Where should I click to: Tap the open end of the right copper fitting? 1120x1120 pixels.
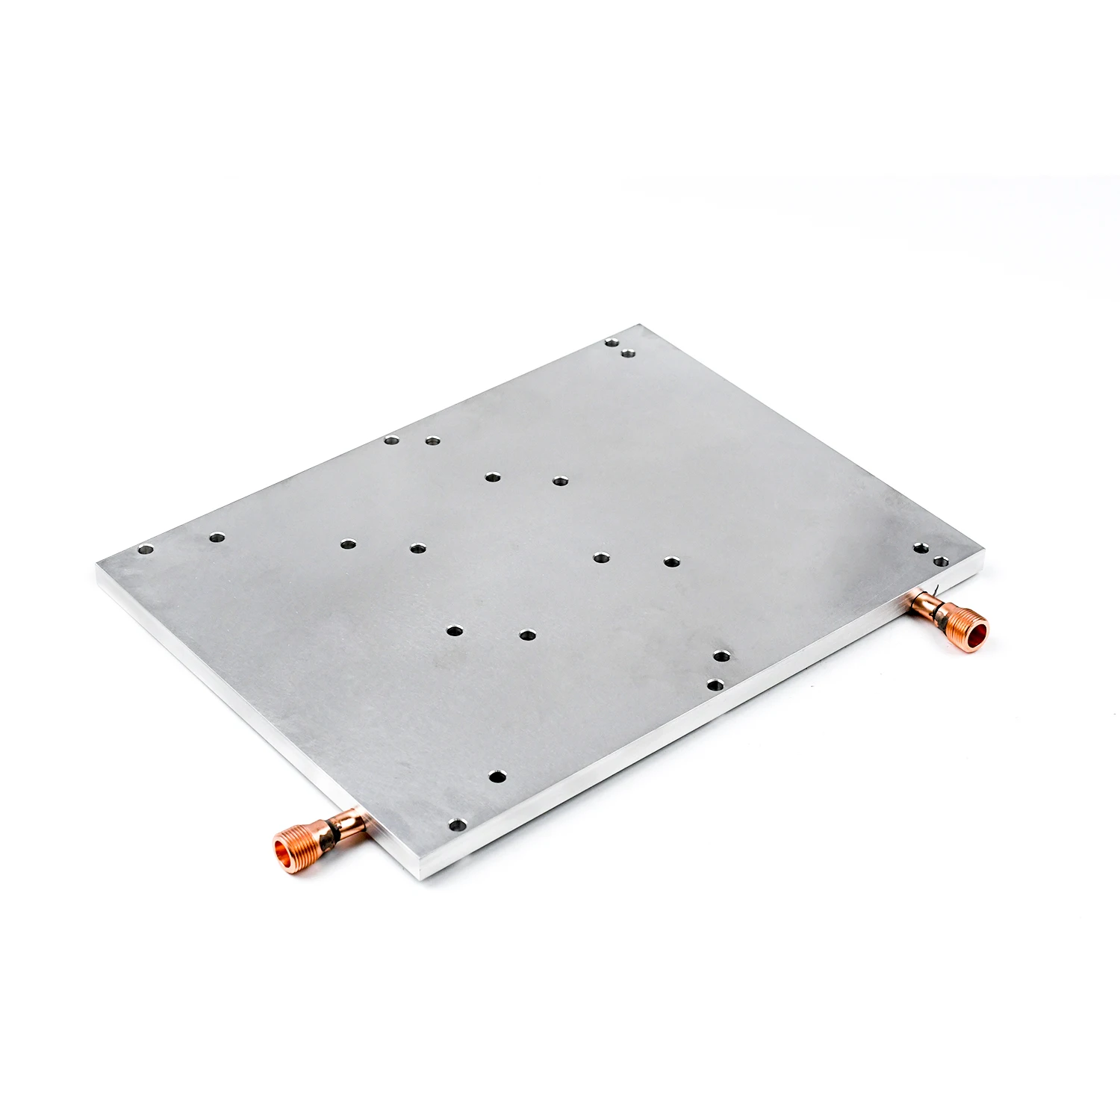[977, 632]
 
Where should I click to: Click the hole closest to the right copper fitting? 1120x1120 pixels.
[939, 559]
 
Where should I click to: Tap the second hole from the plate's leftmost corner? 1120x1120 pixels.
[217, 536]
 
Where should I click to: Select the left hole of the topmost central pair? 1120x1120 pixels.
[491, 476]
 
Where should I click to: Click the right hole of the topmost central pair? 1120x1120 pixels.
[560, 481]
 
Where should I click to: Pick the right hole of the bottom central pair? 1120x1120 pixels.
[527, 635]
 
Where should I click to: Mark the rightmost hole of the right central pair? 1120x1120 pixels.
[671, 561]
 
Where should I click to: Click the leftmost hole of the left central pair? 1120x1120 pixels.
[346, 544]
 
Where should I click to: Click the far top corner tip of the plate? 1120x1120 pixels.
[641, 325]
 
